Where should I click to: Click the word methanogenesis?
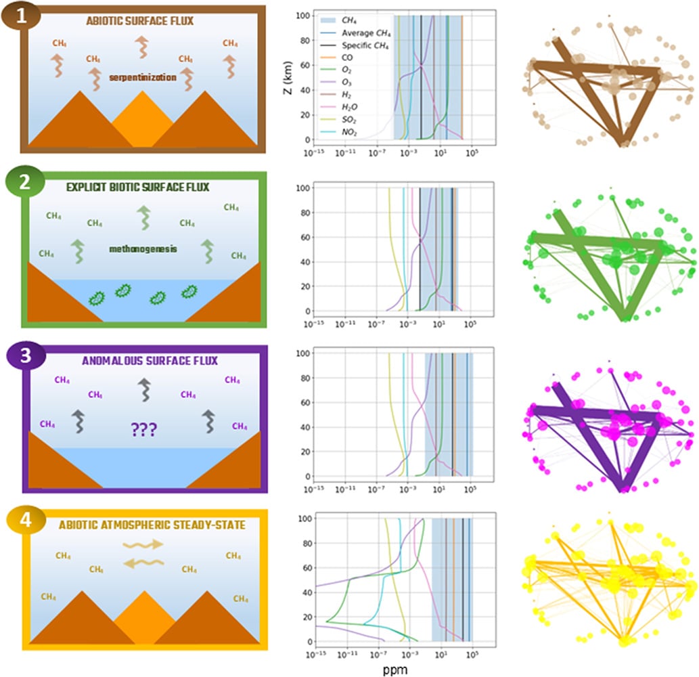pyautogui.click(x=142, y=249)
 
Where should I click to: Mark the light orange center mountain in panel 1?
pyautogui.click(x=143, y=118)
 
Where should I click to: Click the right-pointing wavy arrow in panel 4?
pyautogui.click(x=143, y=543)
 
